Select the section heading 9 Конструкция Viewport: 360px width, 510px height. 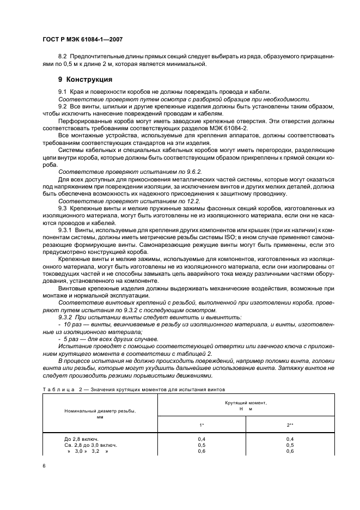point(77,79)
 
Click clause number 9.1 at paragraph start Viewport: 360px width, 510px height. point(63,92)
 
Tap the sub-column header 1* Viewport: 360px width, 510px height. point(202,424)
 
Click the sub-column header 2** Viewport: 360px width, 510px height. point(290,424)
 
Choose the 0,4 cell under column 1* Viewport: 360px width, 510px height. point(202,439)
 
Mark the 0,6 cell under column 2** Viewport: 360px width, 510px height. point(290,452)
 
